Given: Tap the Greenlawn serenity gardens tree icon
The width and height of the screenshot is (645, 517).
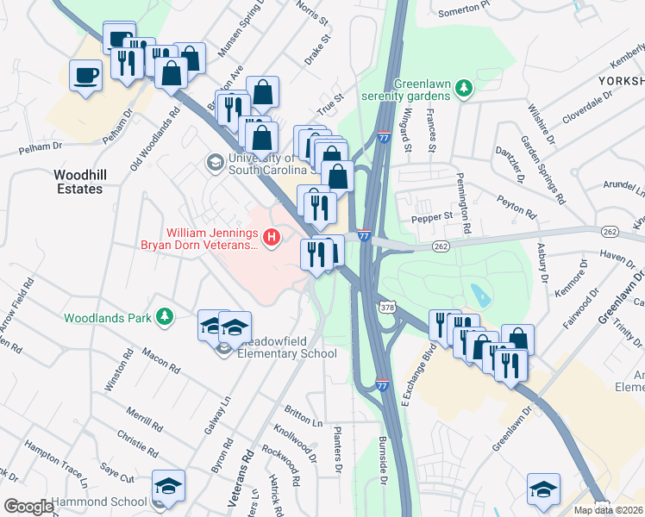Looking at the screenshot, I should [x=464, y=87].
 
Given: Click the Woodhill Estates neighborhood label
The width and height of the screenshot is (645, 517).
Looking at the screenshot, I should [x=79, y=181].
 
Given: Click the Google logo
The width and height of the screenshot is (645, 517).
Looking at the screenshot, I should [x=28, y=507].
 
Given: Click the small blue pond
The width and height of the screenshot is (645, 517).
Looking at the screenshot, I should [x=479, y=296].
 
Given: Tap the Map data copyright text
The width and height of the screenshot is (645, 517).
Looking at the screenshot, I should [x=609, y=510].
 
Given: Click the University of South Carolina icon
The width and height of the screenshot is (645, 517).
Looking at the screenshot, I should [x=214, y=161].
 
